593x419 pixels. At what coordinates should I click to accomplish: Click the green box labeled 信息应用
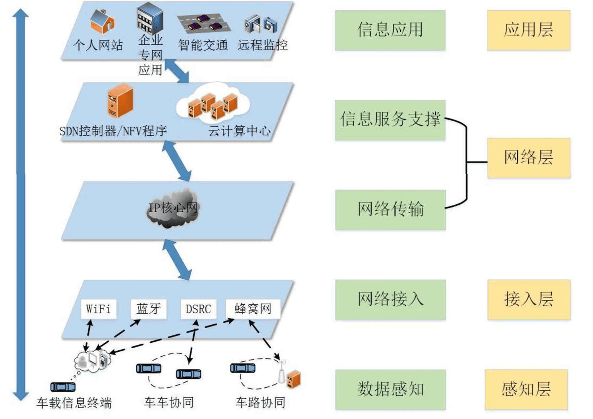point(390,30)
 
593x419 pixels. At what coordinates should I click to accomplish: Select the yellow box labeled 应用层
point(528,30)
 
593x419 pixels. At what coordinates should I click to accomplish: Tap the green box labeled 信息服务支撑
point(390,120)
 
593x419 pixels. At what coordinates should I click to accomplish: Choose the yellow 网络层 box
point(528,158)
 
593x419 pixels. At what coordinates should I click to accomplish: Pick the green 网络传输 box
point(390,210)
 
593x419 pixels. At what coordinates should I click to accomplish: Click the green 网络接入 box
point(390,299)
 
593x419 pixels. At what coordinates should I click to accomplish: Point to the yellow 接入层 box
point(529,299)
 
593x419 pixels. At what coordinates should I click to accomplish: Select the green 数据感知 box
point(390,389)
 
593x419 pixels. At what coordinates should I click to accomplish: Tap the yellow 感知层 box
point(526,389)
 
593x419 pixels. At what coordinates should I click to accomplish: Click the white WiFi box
point(98,309)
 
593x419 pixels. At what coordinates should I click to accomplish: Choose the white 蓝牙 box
point(148,309)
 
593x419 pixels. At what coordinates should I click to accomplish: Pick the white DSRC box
point(198,309)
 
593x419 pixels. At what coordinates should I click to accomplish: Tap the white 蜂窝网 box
point(253,309)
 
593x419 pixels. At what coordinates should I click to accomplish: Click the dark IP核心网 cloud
point(172,208)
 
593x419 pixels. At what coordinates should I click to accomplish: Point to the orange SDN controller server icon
point(120,101)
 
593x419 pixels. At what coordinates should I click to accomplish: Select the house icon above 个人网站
point(102,22)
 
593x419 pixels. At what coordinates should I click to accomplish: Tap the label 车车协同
point(168,402)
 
